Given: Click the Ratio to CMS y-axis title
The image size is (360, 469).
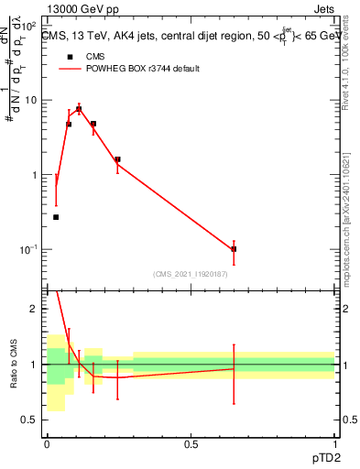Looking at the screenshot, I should pyautogui.click(x=14, y=365).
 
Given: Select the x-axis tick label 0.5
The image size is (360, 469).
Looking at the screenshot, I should pyautogui.click(x=191, y=444).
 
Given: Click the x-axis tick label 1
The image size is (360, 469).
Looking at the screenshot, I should pyautogui.click(x=334, y=444).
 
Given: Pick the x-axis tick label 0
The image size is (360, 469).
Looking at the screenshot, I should pyautogui.click(x=47, y=444).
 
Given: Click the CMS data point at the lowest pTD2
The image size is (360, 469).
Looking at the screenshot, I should pyautogui.click(x=56, y=217).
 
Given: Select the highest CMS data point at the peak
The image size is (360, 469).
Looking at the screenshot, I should pyautogui.click(x=79, y=109).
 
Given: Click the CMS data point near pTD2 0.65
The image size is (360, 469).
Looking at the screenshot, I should pyautogui.click(x=234, y=249).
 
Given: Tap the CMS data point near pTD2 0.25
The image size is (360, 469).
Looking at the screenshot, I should pyautogui.click(x=117, y=159).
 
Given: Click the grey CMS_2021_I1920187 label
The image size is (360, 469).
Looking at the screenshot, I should pyautogui.click(x=191, y=274).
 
